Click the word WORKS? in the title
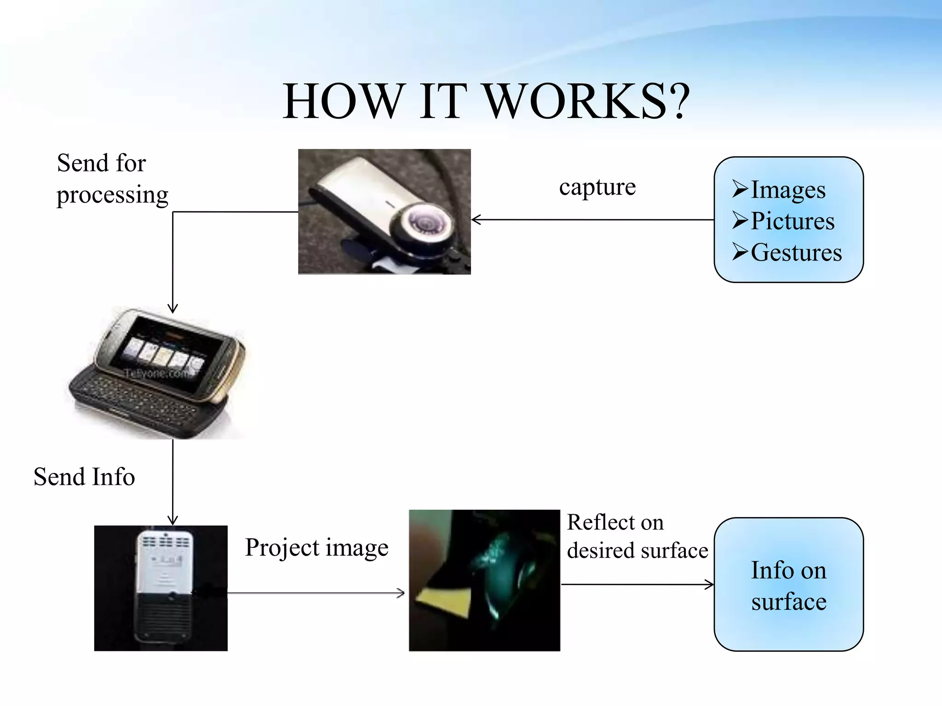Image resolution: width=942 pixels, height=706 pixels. point(587,102)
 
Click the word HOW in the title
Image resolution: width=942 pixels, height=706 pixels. point(343,102)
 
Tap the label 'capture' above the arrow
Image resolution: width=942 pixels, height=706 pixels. point(597,187)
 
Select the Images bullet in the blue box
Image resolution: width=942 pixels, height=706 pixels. point(787,189)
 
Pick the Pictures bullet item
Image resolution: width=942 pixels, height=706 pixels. point(792,221)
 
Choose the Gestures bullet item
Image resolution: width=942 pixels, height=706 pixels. point(796,252)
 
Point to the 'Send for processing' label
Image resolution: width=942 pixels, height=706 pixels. point(112,179)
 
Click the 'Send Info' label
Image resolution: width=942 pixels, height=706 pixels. point(84,477)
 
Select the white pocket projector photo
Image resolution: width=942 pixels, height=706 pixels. point(161,588)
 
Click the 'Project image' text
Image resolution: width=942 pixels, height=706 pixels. point(316,547)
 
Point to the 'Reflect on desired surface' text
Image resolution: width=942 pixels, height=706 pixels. point(637,536)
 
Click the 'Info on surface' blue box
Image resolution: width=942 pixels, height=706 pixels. point(788,584)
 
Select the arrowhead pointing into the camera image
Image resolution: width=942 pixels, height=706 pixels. point(476,220)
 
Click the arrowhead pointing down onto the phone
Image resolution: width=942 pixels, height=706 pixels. point(172,308)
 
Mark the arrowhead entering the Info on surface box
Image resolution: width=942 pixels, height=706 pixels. point(710,585)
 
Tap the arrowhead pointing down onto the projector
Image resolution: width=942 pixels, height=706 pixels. point(172,521)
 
